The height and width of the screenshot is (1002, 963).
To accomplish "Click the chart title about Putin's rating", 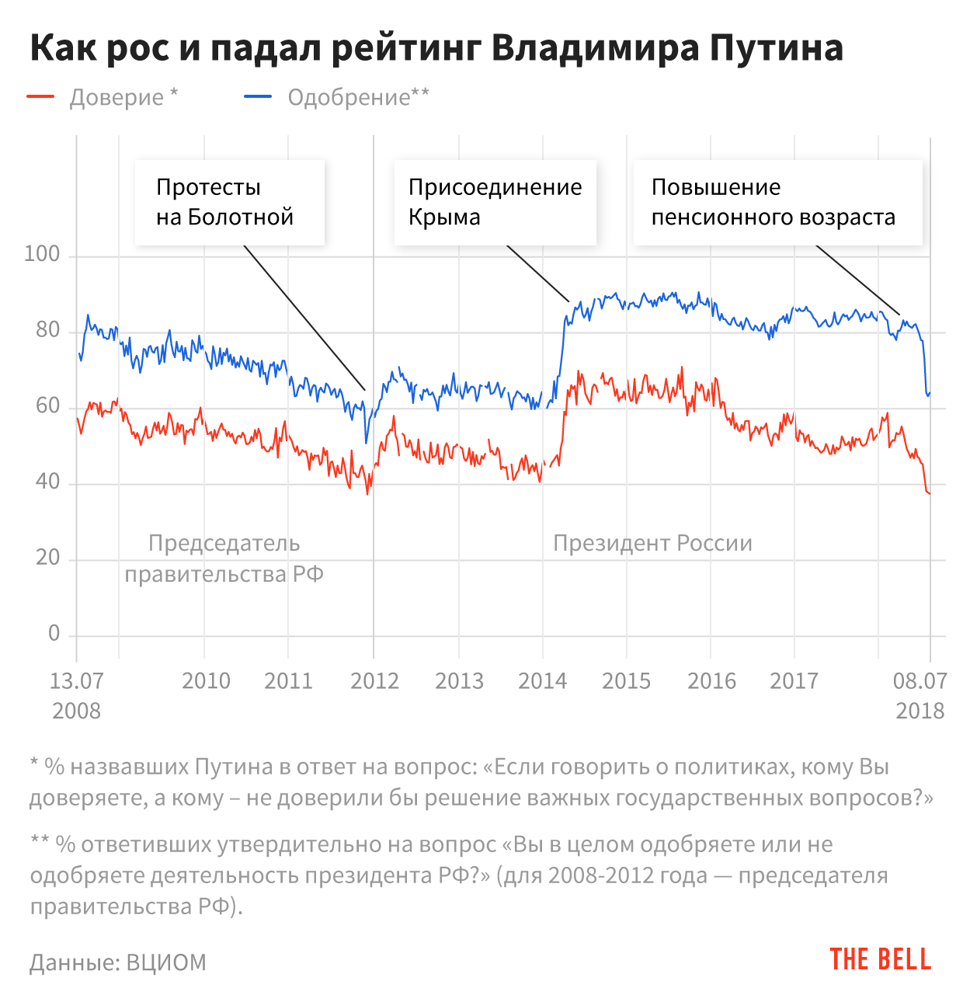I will coord(436,48).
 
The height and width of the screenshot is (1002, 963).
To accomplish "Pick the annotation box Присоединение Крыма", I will coord(495,202).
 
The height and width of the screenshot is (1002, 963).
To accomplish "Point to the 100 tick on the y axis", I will coord(42,254).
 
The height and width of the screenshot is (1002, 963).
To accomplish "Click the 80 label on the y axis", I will coord(47,330).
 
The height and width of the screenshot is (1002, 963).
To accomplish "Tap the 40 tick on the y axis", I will coord(47,482).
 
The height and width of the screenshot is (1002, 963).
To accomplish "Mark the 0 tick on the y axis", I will coord(54,633).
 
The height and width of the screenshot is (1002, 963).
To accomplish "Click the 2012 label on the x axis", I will coord(374,681).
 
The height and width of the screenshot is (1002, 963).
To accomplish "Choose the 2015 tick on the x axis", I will coord(627,681).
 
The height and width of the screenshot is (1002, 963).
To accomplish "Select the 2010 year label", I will coord(206,681).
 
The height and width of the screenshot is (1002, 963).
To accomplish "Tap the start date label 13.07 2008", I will coord(76,695).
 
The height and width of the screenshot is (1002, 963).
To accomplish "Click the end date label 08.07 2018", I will coord(920,695).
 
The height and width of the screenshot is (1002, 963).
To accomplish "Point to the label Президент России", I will coord(652,543).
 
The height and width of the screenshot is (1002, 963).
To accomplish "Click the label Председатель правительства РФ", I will coord(224,558).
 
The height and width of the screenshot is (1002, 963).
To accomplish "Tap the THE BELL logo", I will coord(880,959).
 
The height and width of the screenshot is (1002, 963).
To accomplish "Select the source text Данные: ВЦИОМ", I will coord(118,962).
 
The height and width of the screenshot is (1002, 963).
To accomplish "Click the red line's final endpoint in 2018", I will coord(929,493).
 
